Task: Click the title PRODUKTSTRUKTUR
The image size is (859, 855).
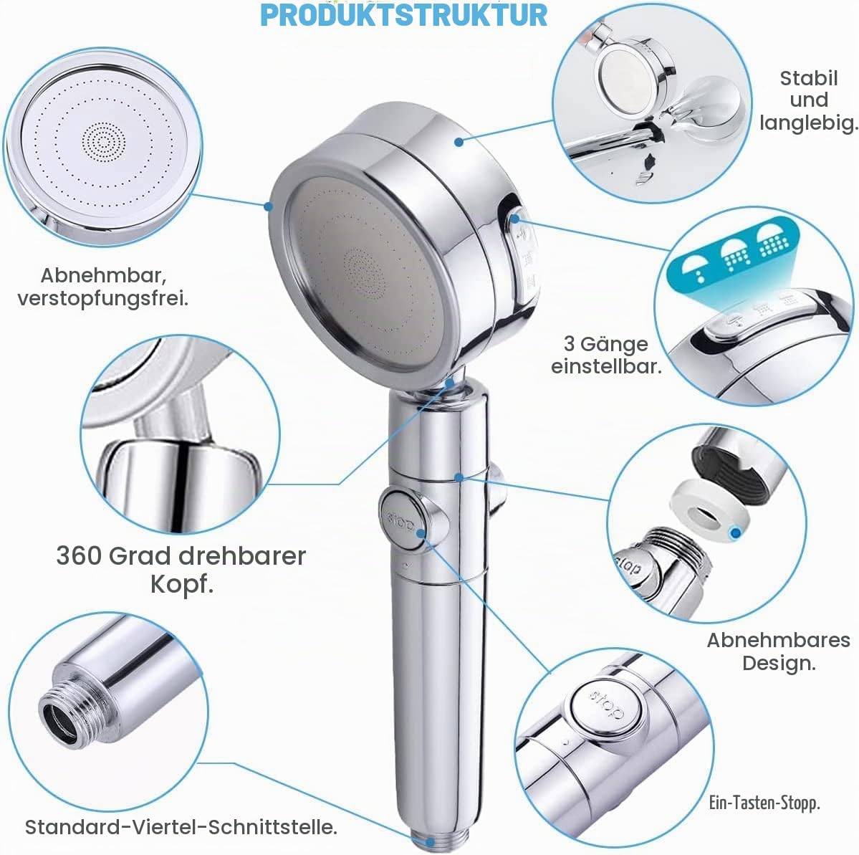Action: click(404, 15)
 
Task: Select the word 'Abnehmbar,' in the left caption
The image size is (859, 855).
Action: click(104, 275)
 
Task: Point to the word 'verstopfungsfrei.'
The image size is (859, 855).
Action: click(103, 300)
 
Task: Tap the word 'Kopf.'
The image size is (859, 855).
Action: click(182, 584)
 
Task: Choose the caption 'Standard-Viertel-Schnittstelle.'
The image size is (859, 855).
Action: click(181, 827)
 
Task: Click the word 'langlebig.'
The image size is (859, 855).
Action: click(808, 123)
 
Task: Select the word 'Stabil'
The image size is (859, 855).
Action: click(809, 78)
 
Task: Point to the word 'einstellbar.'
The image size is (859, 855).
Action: click(606, 367)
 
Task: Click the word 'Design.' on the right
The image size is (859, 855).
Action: click(779, 663)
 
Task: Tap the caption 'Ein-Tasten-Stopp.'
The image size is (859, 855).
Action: click(764, 803)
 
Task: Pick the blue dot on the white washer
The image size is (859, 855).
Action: click(736, 532)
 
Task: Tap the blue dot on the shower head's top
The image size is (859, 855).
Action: click(459, 142)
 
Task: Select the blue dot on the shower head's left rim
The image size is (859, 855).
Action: click(268, 206)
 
